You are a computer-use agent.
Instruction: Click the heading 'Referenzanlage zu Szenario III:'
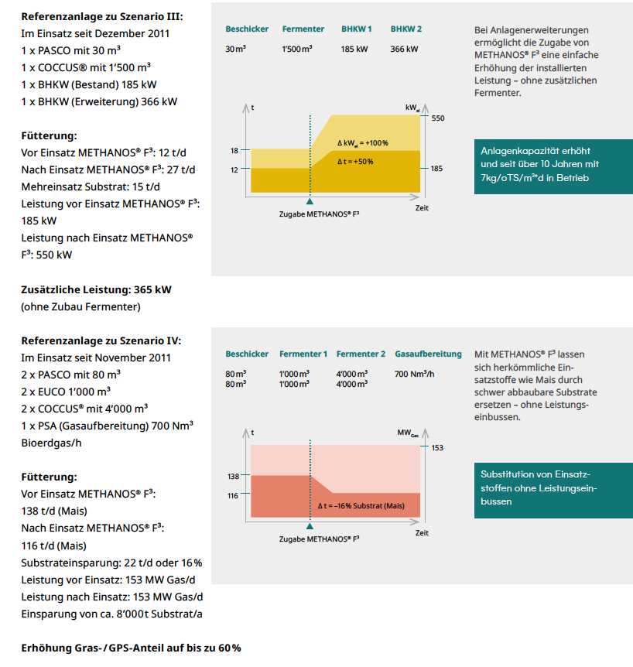[102, 16]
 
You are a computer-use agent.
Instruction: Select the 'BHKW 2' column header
[405, 29]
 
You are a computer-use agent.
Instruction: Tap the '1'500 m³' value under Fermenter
[297, 49]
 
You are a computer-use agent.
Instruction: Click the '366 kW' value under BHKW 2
[404, 49]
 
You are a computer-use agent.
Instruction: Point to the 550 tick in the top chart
[438, 118]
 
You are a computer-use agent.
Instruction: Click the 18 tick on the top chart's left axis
[234, 150]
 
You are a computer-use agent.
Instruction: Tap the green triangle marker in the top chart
[310, 200]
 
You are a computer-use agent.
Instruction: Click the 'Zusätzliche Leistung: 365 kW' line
[97, 289]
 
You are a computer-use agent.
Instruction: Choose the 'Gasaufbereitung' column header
[428, 354]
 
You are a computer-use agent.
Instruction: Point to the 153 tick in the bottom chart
[437, 447]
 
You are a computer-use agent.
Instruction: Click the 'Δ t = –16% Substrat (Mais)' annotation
[361, 505]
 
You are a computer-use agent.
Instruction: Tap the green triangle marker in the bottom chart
[310, 525]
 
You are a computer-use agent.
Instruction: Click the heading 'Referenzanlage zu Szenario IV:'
[101, 340]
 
